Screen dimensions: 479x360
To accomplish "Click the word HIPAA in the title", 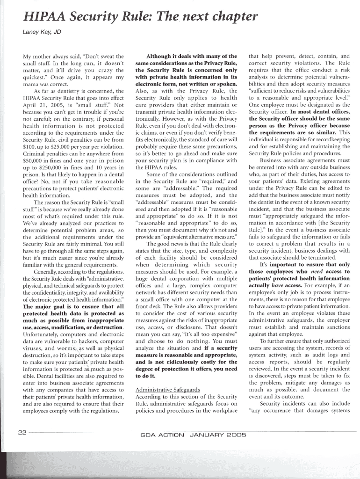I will point(36,18).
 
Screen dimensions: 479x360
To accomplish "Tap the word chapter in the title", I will point(232,18).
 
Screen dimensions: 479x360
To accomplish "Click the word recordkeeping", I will point(327,139).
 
